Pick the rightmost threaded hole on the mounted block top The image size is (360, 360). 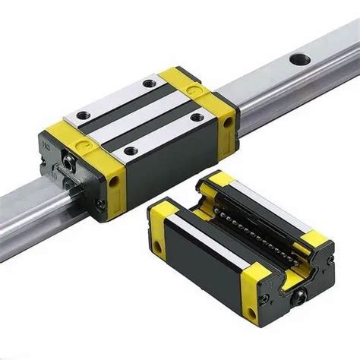[199, 117]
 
